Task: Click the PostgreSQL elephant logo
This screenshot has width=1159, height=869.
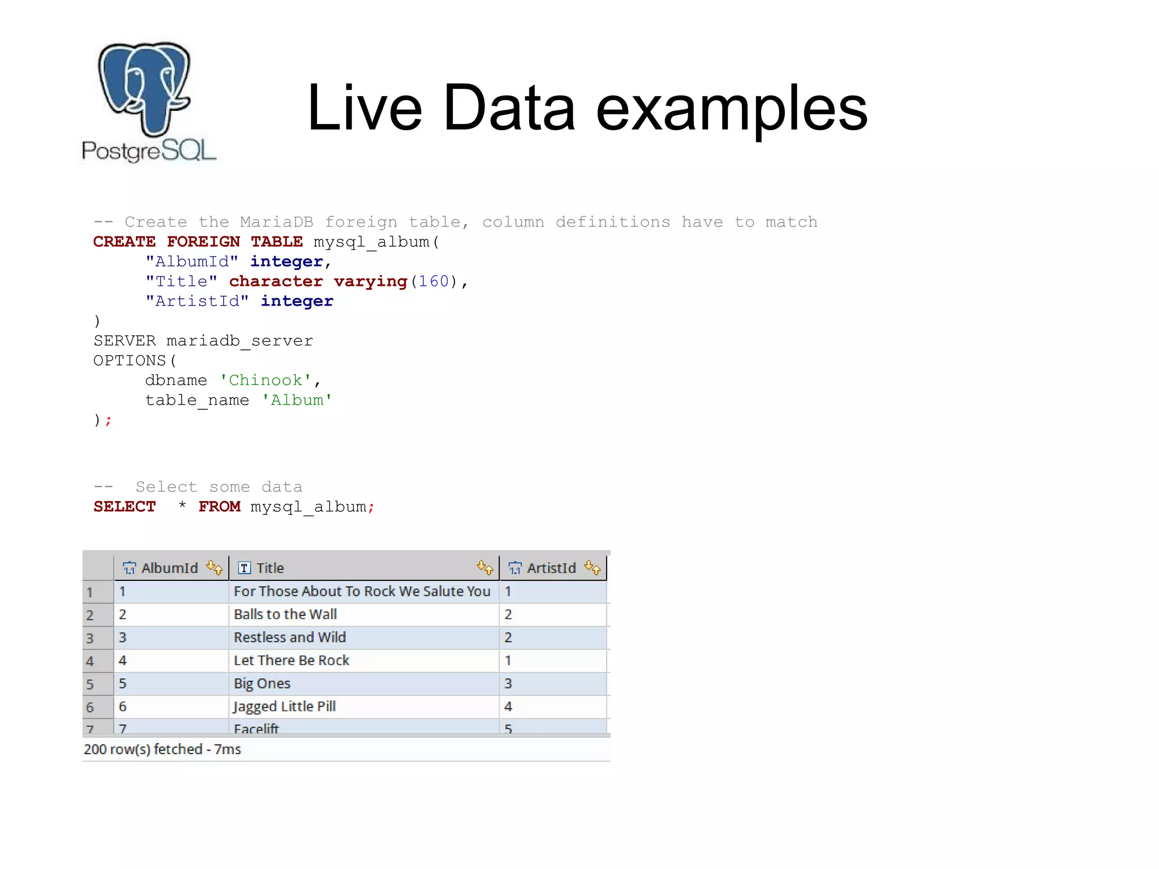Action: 145,91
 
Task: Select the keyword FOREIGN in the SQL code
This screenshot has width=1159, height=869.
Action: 203,242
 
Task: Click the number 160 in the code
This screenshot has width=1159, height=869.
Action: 433,281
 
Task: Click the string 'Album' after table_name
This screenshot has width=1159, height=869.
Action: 297,400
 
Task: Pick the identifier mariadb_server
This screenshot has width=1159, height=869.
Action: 239,341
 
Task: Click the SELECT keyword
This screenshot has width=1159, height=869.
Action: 125,507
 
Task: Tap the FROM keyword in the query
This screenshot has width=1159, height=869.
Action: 219,507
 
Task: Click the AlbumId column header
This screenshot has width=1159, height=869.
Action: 169,568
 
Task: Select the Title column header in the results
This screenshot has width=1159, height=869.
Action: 270,568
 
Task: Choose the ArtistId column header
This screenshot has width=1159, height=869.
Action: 551,568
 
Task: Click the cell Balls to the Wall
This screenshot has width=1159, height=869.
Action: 285,614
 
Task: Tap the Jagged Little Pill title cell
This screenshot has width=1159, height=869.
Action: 285,707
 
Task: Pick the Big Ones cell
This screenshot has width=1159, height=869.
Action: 262,683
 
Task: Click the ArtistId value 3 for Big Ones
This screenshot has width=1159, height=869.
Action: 508,683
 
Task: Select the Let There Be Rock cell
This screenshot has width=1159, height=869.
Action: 291,660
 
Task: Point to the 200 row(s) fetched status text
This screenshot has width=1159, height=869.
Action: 162,749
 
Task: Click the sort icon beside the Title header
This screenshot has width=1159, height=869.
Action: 485,567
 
